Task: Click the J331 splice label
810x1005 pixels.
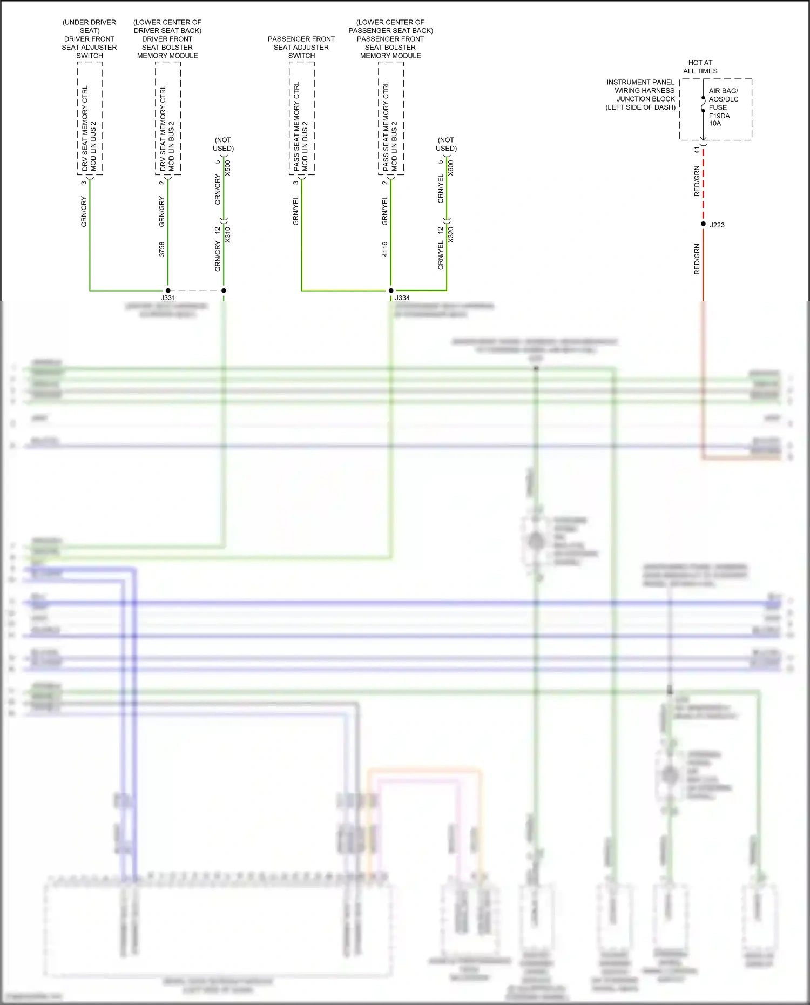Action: [168, 298]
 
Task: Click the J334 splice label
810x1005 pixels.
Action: [402, 298]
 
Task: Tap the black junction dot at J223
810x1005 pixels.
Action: [703, 224]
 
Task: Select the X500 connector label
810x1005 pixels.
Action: [228, 168]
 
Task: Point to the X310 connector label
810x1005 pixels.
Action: [228, 234]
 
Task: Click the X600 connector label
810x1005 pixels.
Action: [451, 168]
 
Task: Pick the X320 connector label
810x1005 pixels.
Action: [451, 234]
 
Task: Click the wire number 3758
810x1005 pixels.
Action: [161, 249]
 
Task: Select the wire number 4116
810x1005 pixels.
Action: [384, 249]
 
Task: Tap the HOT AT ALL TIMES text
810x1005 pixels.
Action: [700, 67]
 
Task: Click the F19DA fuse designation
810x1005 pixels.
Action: [719, 116]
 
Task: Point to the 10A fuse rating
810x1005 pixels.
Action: [715, 124]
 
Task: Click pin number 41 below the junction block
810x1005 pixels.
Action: [697, 150]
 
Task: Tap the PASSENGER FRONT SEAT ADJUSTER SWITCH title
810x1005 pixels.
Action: [301, 47]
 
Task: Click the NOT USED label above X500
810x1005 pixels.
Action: [223, 144]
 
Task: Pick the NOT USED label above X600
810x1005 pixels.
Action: [446, 144]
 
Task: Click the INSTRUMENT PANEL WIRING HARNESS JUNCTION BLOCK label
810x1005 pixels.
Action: [641, 95]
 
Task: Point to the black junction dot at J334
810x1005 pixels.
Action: [391, 291]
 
